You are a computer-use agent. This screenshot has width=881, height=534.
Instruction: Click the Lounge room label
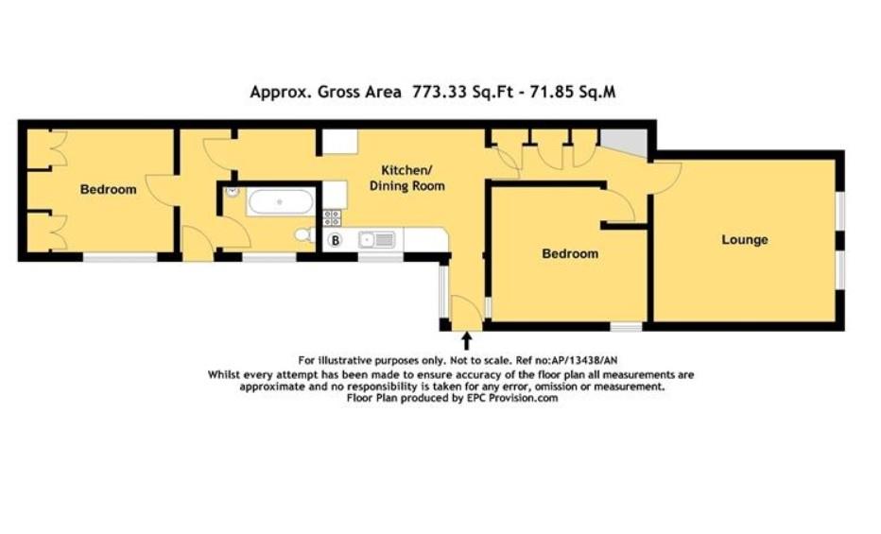click(745, 240)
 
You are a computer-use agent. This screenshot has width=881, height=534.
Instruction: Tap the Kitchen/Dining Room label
click(406, 179)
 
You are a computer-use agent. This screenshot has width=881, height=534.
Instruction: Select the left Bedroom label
click(108, 190)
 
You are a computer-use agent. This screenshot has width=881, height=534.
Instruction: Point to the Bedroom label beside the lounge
click(569, 254)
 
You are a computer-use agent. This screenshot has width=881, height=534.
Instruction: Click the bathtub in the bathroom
click(280, 201)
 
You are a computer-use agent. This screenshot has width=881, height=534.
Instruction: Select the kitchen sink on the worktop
click(376, 240)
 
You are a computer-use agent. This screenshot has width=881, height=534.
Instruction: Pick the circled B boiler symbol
click(334, 240)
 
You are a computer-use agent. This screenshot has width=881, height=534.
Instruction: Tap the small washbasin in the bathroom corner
click(232, 192)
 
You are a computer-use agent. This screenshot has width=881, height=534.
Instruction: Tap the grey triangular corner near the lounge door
click(626, 143)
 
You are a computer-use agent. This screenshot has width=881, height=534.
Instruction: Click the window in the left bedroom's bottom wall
click(120, 257)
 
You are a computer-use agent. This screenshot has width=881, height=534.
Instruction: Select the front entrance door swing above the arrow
click(462, 313)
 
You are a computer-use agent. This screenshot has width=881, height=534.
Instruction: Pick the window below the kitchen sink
click(381, 257)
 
